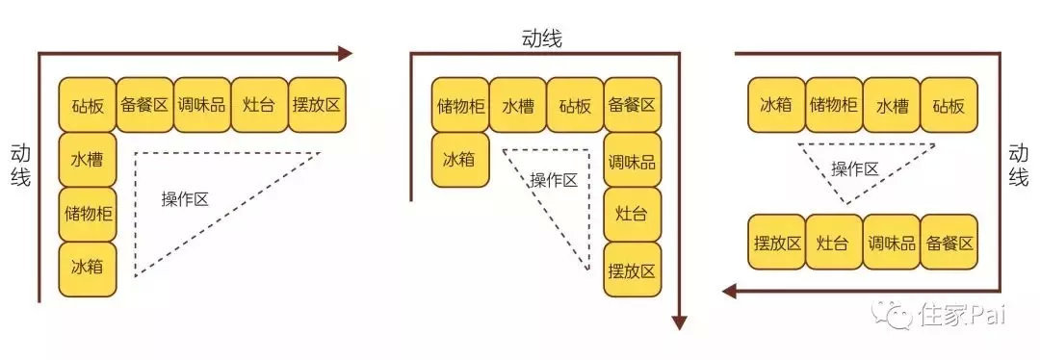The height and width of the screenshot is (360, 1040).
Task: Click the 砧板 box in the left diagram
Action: pos(87,105)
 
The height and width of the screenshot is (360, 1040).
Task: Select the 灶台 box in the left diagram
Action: pos(259,105)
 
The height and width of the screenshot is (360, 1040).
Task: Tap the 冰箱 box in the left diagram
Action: pos(87,268)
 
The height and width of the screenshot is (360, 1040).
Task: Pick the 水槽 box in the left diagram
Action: pos(87,159)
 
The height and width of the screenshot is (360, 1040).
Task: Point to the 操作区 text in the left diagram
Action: pos(185,199)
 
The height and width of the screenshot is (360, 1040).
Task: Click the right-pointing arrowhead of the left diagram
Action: pos(346,54)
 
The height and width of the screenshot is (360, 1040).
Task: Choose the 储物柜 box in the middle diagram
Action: pos(460,105)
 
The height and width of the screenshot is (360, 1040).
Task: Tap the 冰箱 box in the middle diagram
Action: pos(460,159)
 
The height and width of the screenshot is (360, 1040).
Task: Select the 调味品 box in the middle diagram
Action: pos(633,159)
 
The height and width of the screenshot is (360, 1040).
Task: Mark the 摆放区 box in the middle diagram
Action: pos(633,270)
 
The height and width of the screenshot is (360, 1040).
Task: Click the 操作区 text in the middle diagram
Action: pos(554,179)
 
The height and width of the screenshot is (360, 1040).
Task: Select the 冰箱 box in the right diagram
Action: pos(775,105)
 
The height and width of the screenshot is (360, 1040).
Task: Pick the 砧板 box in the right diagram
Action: pos(949,105)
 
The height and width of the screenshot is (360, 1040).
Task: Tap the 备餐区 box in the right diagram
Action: pos(949,243)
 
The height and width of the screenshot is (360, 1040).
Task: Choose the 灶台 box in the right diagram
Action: pos(833,243)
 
